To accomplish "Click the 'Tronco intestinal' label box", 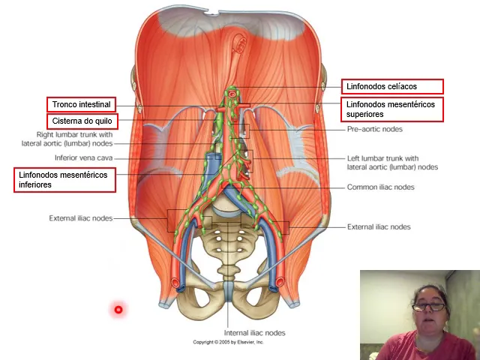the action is click(81, 104).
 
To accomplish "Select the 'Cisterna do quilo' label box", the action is click(82, 121).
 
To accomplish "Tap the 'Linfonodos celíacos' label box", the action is click(392, 87).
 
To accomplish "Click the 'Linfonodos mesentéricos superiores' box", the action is click(392, 109).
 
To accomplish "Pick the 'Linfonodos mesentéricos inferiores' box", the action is click(65, 180).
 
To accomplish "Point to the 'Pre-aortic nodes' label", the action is click(374, 129).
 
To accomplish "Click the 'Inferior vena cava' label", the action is click(83, 158).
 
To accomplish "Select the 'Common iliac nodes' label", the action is click(380, 187).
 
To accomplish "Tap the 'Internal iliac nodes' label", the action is click(255, 333).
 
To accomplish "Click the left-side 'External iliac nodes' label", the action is click(81, 218).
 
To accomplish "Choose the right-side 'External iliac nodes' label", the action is click(379, 226).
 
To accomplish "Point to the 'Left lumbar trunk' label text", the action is click(392, 163).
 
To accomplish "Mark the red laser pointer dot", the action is click(118, 310).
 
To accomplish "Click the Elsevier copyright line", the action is click(229, 342).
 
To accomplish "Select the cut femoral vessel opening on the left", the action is click(177, 283).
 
